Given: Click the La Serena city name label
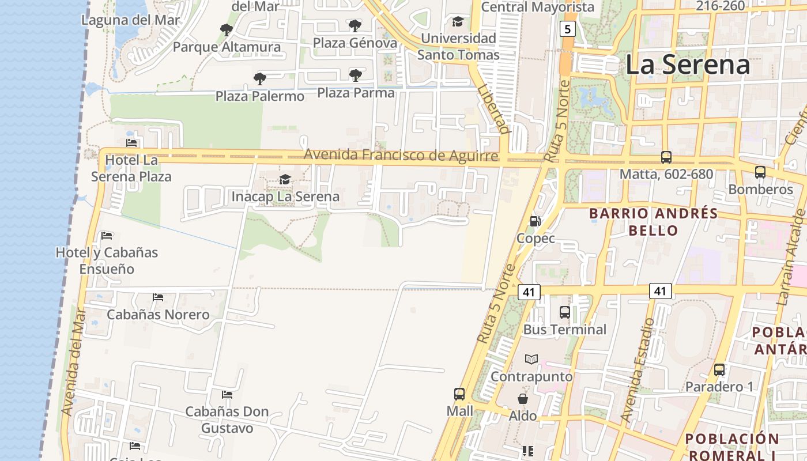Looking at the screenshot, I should click(x=687, y=65).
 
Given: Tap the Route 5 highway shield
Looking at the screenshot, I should click(x=567, y=28).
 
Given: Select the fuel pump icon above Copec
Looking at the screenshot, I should click(x=535, y=221).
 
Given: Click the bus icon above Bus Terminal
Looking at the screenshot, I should click(x=565, y=312).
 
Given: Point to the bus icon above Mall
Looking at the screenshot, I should click(x=459, y=394).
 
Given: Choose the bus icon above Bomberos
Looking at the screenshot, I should click(x=760, y=172).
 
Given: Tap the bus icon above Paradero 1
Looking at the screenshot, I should click(x=719, y=370).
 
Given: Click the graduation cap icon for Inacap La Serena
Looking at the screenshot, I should click(x=285, y=179).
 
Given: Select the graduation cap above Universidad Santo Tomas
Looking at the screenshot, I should click(x=458, y=21).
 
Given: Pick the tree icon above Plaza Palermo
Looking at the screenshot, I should click(x=260, y=78).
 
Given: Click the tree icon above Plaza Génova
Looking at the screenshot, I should click(x=355, y=25).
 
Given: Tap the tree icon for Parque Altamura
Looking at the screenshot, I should click(x=227, y=29).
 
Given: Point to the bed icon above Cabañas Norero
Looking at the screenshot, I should click(x=158, y=297).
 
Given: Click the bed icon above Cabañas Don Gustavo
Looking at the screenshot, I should click(x=227, y=395).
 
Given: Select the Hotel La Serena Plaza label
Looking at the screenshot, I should click(x=131, y=168).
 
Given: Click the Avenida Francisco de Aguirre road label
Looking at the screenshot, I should click(x=401, y=155).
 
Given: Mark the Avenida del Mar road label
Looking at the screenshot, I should click(x=73, y=361).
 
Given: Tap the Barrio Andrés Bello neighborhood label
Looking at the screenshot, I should click(x=653, y=222).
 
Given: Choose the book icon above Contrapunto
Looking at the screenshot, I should click(x=531, y=359).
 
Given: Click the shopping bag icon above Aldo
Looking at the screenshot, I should click(x=522, y=399).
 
